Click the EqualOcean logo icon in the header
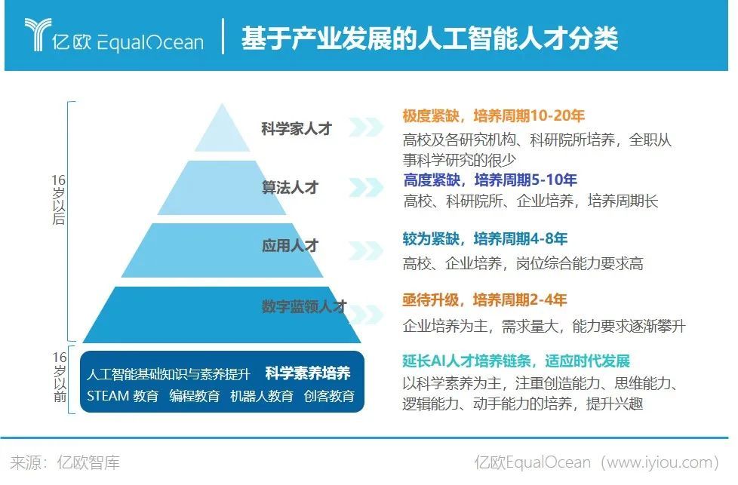37,34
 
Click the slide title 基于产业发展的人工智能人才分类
429,38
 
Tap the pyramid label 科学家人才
297,128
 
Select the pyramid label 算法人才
290,187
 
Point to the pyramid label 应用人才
290,245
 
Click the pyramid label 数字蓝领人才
304,306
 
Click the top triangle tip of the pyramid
222,103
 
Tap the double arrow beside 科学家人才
366,127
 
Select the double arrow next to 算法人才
366,187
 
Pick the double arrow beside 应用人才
366,250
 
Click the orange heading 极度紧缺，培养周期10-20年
494,115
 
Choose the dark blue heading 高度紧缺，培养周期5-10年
490,180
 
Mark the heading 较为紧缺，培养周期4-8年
484,238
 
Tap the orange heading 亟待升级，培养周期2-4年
484,299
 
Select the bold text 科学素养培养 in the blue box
308,373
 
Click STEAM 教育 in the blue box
123,396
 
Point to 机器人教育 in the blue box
262,396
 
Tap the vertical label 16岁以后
59,200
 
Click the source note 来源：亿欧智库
65,462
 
